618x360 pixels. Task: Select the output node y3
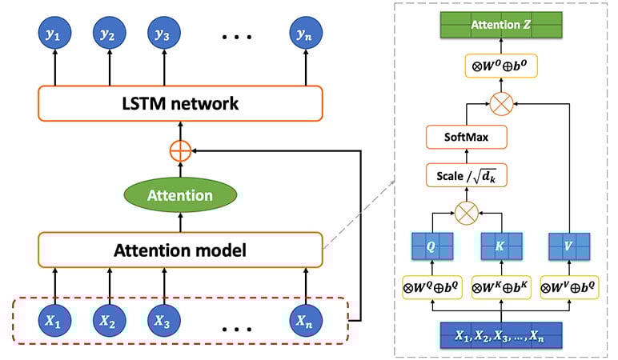[161, 34]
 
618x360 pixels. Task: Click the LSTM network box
[180, 104]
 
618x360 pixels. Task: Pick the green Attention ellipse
[180, 195]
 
